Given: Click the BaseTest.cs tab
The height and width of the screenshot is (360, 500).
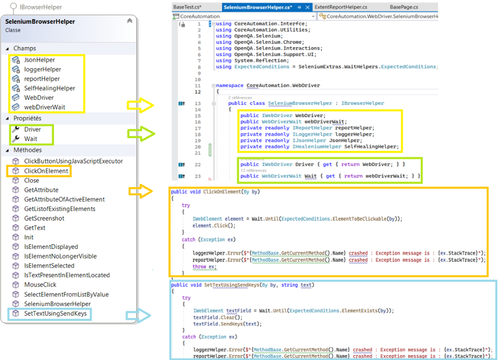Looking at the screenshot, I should click(x=187, y=7).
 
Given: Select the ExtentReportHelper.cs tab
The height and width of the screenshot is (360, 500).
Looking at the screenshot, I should click(x=341, y=7).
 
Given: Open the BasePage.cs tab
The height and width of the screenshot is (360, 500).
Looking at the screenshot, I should click(x=404, y=7).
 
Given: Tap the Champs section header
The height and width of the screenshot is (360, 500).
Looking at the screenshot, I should click(x=25, y=48).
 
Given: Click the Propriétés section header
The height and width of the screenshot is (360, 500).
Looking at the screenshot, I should click(x=27, y=119).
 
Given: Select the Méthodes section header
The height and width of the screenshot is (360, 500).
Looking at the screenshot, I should click(x=27, y=150).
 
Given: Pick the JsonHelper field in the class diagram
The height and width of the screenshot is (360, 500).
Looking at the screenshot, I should click(x=39, y=60).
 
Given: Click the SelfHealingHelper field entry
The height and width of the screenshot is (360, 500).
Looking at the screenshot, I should click(x=50, y=88).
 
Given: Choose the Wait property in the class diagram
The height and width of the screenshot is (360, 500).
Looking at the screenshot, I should click(x=30, y=139).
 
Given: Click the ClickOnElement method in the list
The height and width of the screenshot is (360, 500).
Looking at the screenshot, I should click(x=47, y=171).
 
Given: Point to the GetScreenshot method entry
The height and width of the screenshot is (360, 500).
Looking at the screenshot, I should click(x=44, y=218).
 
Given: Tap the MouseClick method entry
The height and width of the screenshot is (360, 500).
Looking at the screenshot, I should click(x=40, y=285).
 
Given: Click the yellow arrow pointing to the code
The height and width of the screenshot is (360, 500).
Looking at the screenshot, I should click(x=140, y=104).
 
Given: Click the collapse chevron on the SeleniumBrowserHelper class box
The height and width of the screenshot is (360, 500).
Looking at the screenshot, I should click(x=129, y=21).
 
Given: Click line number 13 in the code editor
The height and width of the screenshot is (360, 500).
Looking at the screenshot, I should click(x=198, y=103).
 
